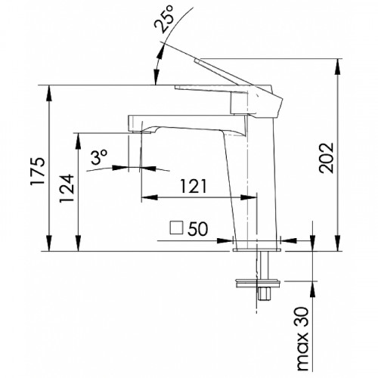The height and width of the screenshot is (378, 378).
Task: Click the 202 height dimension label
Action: pos(327,158)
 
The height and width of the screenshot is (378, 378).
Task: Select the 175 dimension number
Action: pos(38,172)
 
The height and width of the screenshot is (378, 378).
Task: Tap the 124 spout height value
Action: pos(67,188)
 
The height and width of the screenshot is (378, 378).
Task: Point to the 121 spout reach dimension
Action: pos(194,187)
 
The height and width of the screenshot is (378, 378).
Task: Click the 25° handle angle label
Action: pos(164,19)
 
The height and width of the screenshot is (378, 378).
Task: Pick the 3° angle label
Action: pos(99,157)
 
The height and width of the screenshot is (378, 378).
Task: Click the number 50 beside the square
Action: pos(198,229)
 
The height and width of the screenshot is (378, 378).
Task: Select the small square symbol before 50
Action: pos(176,228)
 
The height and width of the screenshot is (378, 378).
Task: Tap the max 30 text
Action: pos(302,339)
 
